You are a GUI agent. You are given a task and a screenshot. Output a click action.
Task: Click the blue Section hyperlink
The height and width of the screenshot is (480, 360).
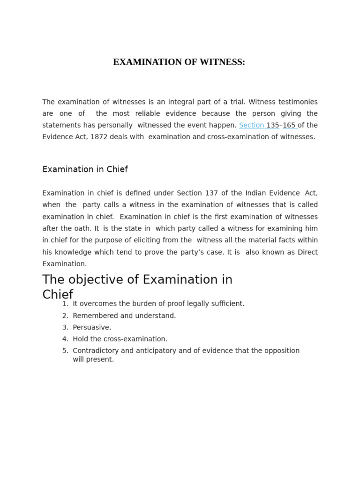pos(251,125)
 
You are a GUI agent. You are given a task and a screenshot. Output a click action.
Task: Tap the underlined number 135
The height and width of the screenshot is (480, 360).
pos(273,125)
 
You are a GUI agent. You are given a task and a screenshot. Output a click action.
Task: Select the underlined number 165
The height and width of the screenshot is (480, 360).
pos(289,125)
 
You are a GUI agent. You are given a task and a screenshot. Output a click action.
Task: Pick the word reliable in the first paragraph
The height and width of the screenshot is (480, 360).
pos(182,113)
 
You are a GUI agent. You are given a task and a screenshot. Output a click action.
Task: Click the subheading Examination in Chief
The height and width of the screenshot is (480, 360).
pos(85,169)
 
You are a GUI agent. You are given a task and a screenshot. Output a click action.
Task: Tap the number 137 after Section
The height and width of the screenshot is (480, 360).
pos(211,193)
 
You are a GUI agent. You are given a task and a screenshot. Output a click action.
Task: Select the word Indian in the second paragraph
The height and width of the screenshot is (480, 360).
pos(258,193)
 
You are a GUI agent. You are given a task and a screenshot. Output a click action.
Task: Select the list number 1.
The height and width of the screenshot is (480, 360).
pos(65,304)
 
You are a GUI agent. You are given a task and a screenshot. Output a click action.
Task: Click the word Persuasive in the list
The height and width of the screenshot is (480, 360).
pos(91,328)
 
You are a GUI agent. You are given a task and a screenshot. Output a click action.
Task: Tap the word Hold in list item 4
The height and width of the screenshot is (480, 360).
pos(81,339)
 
